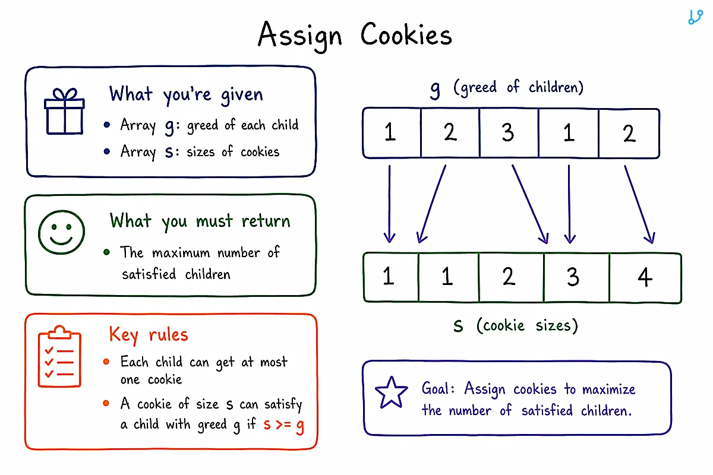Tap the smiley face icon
(x=61, y=232)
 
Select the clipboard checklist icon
(x=59, y=356)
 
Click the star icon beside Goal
(x=391, y=392)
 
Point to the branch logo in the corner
(x=695, y=17)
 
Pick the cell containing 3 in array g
(x=509, y=133)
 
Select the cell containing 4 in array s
(x=645, y=277)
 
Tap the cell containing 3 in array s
(x=576, y=277)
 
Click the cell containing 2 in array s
(x=511, y=277)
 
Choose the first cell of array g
(x=392, y=132)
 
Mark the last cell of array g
(x=629, y=134)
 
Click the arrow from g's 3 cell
(x=530, y=204)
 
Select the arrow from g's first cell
(x=389, y=204)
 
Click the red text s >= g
(x=283, y=425)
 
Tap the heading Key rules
(x=149, y=335)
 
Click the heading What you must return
(x=200, y=221)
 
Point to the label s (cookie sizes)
(x=516, y=325)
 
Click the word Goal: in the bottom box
(x=438, y=388)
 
